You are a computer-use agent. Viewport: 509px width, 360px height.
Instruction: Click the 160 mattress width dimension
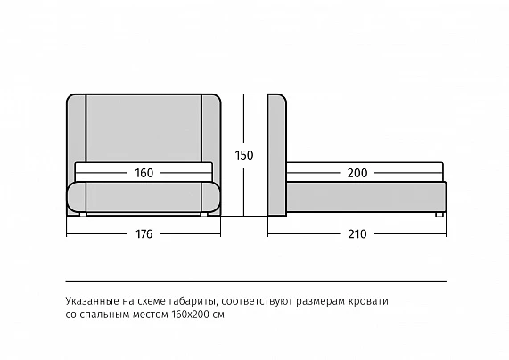point(144,173)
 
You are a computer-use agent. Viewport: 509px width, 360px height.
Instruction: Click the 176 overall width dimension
point(144,234)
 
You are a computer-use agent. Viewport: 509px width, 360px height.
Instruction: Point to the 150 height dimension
point(244,155)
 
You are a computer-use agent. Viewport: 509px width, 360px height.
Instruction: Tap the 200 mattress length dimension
point(357,173)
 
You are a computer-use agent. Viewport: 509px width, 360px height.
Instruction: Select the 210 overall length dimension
point(357,234)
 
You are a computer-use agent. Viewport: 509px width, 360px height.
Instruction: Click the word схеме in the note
point(152,301)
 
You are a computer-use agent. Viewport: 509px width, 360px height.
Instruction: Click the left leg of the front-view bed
point(83,215)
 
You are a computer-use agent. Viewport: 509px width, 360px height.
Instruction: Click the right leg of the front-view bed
point(204,215)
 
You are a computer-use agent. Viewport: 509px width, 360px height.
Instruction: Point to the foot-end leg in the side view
point(439,215)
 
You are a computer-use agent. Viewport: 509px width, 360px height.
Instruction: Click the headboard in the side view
point(277,155)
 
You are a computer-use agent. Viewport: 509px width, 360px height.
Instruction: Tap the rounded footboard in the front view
point(144,197)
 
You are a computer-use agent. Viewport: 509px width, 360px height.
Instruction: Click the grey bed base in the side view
point(366,197)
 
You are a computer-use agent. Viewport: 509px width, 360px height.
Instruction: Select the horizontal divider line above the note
point(256,281)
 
